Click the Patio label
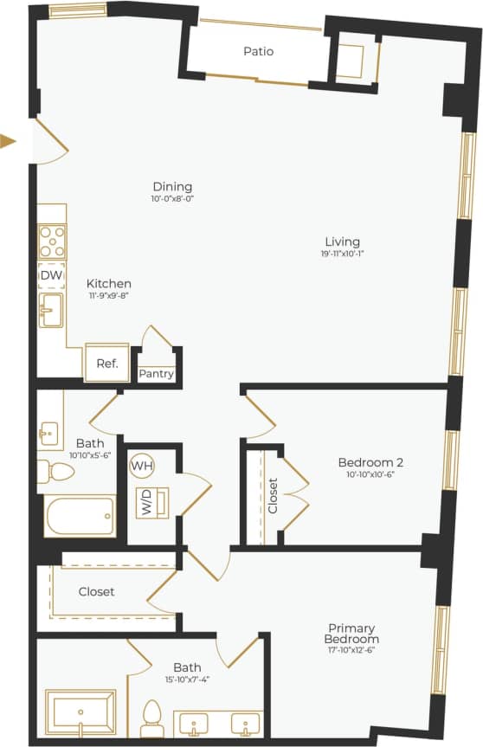(258, 52)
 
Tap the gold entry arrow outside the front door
(9, 141)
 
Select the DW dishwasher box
(51, 275)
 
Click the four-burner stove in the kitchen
(52, 240)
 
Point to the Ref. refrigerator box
(106, 364)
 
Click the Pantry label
(157, 375)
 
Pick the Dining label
(172, 187)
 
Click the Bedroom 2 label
(370, 462)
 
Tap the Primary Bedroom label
(353, 634)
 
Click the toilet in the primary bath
(152, 716)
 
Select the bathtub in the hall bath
(80, 517)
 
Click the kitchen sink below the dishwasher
(52, 310)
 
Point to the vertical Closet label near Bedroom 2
(273, 497)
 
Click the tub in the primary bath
(80, 712)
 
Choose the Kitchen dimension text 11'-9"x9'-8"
(109, 295)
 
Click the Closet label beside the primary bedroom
(96, 592)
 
